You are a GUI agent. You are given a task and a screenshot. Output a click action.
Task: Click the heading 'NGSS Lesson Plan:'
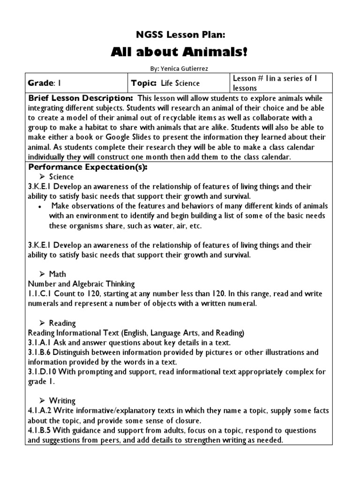point(180,34)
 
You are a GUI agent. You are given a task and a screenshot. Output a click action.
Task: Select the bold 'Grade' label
point(41,83)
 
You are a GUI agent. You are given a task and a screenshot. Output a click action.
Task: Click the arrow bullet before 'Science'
point(42,177)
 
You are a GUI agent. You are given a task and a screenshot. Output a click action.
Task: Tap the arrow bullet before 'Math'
point(42,274)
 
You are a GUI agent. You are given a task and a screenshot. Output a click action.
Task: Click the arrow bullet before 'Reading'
point(42,323)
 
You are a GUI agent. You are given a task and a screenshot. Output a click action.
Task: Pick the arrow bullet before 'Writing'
point(42,401)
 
